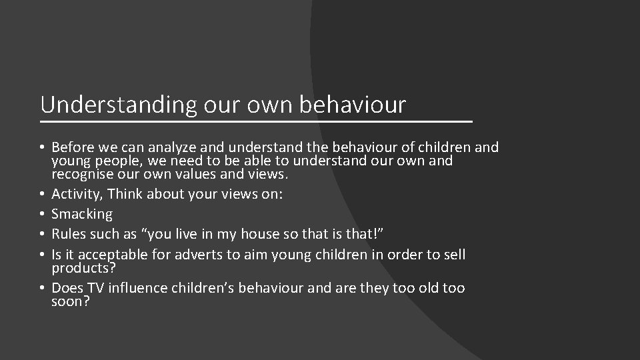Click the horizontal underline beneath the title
(x=256, y=122)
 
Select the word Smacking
(x=82, y=214)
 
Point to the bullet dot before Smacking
(x=42, y=214)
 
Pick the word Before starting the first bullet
(x=72, y=147)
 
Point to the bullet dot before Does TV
(x=42, y=288)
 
